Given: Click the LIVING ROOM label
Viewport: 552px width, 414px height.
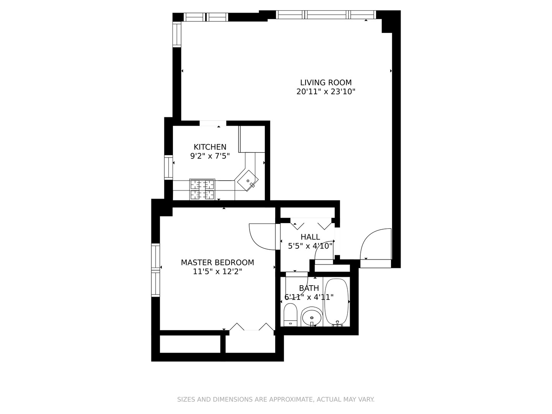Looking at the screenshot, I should click(325, 82).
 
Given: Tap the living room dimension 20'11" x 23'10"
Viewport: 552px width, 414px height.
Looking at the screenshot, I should click(325, 92).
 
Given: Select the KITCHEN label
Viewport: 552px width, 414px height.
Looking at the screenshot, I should click(210, 147).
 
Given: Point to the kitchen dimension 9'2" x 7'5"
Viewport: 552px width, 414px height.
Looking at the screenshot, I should click(210, 156).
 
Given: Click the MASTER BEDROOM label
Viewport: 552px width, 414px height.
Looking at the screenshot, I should click(217, 263).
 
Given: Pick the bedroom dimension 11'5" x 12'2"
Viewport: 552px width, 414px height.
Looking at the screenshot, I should click(217, 272).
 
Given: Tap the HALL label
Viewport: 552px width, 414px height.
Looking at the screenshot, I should click(310, 237).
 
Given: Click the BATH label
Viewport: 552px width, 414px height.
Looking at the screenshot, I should click(309, 288).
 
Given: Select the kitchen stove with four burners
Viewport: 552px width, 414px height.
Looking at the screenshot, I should click(202, 189).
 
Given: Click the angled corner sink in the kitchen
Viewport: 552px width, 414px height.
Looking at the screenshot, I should click(247, 181).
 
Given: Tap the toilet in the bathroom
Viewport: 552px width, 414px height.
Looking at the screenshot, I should click(291, 314).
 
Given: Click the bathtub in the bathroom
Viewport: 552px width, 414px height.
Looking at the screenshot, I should click(337, 302).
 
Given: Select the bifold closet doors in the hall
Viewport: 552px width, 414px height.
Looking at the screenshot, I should click(311, 223).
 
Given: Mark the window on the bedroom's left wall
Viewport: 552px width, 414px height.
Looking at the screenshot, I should click(155, 270).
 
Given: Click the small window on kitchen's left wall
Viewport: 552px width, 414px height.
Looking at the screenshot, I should click(168, 168).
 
